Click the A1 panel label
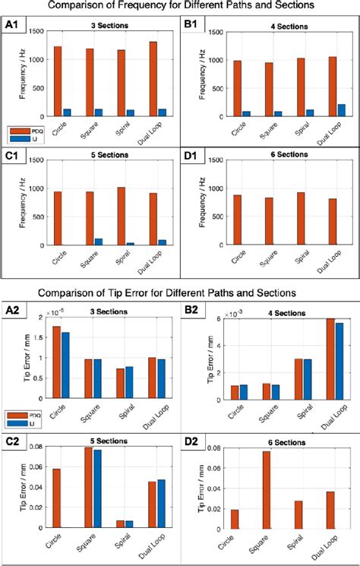[13, 24]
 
